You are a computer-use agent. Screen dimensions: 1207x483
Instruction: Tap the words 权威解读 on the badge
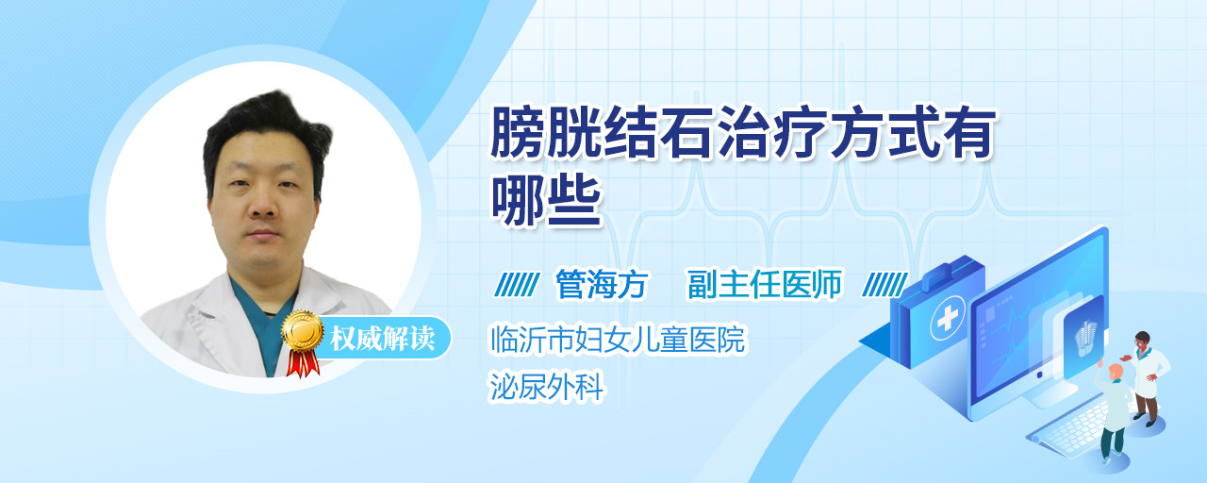383,339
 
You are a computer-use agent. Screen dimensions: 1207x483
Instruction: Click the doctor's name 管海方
602,284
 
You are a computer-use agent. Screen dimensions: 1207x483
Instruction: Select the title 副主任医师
765,284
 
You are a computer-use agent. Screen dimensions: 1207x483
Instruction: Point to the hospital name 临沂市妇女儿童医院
618,339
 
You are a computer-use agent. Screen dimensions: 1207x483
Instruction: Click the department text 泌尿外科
546,387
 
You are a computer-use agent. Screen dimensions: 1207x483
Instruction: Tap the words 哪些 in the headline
546,201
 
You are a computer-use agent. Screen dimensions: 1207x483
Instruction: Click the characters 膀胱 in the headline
546,133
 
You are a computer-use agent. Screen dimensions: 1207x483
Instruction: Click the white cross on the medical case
947,319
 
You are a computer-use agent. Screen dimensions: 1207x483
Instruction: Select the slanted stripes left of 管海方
517,285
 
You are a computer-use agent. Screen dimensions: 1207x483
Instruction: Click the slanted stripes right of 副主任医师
885,285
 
